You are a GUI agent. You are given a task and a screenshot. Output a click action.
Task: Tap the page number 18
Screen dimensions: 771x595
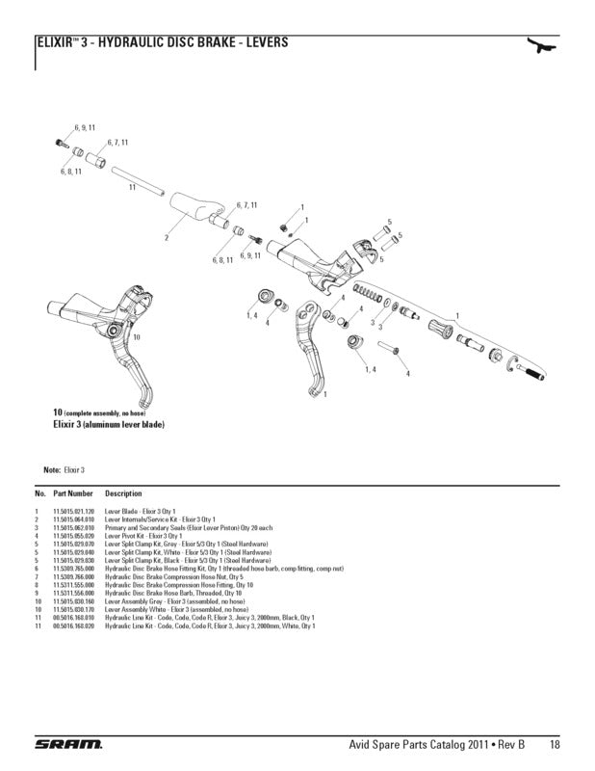pyautogui.click(x=556, y=743)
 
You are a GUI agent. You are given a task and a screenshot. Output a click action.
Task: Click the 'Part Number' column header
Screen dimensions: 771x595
pyautogui.click(x=73, y=493)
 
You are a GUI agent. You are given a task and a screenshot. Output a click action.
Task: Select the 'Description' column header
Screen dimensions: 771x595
pyautogui.click(x=123, y=493)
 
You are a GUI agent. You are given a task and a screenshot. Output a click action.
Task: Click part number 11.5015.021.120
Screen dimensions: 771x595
pyautogui.click(x=73, y=511)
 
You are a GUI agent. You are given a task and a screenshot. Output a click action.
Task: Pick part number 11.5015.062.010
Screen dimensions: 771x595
pyautogui.click(x=73, y=528)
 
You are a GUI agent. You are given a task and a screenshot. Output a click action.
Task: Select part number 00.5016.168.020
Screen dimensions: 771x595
pyautogui.click(x=73, y=625)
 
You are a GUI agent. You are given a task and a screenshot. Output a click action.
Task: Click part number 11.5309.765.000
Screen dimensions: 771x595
pyautogui.click(x=73, y=569)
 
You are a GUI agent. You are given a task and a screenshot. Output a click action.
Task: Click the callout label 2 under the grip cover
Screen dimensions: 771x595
pyautogui.click(x=167, y=236)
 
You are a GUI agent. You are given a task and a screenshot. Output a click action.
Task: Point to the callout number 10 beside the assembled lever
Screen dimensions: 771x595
pyautogui.click(x=137, y=337)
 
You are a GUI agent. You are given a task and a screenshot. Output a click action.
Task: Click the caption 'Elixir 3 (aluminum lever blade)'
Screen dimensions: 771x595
pyautogui.click(x=108, y=424)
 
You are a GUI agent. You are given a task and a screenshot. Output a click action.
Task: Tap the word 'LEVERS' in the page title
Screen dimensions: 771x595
pyautogui.click(x=263, y=43)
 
